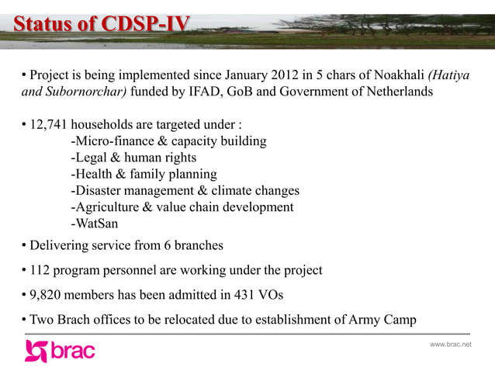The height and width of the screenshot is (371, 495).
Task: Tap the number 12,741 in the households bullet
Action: [x=48, y=126]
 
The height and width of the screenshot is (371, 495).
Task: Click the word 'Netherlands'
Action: [x=390, y=92]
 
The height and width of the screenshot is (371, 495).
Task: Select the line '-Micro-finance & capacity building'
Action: [x=168, y=142]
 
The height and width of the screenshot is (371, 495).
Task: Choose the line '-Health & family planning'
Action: [x=143, y=175]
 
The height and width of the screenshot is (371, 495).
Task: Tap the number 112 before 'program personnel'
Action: [x=40, y=271]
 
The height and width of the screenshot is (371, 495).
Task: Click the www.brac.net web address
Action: [x=450, y=344]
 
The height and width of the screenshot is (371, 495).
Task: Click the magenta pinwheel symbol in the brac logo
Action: [x=36, y=351]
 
